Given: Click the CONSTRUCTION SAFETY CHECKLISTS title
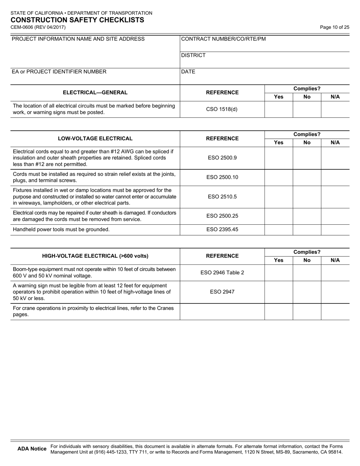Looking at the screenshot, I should pyautogui.click(x=77, y=20).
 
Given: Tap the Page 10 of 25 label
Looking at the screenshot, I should pyautogui.click(x=335, y=27).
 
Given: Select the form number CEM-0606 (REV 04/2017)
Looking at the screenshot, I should pyautogui.click(x=38, y=27).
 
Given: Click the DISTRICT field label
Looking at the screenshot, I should pyautogui.click(x=194, y=55).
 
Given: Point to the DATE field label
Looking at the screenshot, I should pyautogui.click(x=188, y=72).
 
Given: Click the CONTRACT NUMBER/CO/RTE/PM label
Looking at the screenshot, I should pyautogui.click(x=224, y=39).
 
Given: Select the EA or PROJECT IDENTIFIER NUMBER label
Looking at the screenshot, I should pyautogui.click(x=59, y=72).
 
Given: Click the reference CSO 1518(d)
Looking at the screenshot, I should pyautogui.click(x=222, y=109).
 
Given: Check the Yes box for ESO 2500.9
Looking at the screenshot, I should pyautogui.click(x=279, y=158).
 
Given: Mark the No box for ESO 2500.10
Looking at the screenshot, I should pyautogui.click(x=307, y=177).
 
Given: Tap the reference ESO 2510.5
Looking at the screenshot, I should pyautogui.click(x=222, y=197).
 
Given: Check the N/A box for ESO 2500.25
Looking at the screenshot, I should pyautogui.click(x=335, y=216).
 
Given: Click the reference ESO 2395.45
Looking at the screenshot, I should pyautogui.click(x=222, y=230).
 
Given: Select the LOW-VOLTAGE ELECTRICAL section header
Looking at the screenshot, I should pyautogui.click(x=95, y=139).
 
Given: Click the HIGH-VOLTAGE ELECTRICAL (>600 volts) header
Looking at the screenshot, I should pyautogui.click(x=95, y=256).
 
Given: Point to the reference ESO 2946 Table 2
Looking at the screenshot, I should pyautogui.click(x=222, y=272).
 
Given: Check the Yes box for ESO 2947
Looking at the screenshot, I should pyautogui.click(x=279, y=292).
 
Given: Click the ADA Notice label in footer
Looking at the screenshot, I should pyautogui.click(x=32, y=449).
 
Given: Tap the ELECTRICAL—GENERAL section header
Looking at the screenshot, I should pyautogui.click(x=95, y=92).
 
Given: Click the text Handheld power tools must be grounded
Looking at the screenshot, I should pyautogui.click(x=61, y=230).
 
